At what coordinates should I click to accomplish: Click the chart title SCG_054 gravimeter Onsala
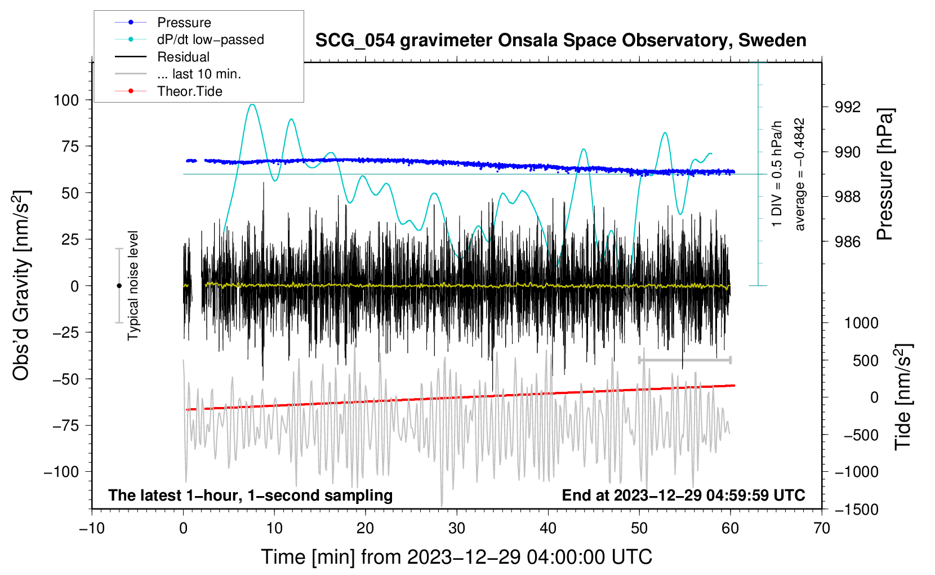point(560,41)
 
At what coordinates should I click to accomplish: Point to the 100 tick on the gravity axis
point(66,100)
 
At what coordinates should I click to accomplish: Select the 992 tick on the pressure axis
point(847,108)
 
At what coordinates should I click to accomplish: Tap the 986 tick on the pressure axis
point(847,241)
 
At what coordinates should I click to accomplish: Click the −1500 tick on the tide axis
point(856,510)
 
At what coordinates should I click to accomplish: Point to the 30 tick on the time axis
point(457,528)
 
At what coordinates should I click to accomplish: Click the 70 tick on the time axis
point(821,528)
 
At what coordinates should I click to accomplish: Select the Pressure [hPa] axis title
point(884,174)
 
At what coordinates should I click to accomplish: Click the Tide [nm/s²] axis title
point(903,397)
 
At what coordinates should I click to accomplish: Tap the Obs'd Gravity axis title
point(21,285)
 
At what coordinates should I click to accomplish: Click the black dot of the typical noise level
point(119,286)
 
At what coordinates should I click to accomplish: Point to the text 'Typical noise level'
point(133,286)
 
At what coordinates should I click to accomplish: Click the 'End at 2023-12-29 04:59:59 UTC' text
point(683,495)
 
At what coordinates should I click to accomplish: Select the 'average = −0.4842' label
point(799,174)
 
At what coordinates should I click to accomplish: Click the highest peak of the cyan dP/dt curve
point(252,104)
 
